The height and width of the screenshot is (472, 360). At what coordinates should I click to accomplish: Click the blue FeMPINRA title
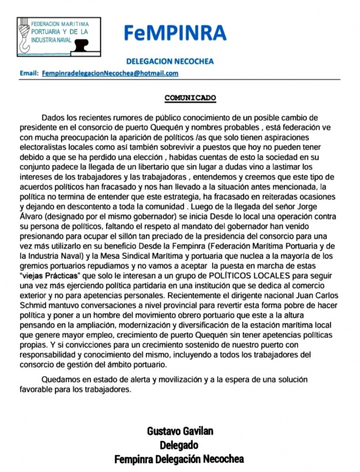(175, 33)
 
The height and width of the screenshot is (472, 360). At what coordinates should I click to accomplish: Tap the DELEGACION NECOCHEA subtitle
(170, 62)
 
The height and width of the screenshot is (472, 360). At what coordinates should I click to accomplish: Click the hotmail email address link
(110, 73)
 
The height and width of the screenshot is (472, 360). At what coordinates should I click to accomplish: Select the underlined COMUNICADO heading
(190, 98)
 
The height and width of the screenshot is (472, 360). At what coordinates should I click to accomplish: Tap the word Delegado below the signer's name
(179, 445)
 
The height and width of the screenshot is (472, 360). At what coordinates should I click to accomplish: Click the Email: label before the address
(29, 73)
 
